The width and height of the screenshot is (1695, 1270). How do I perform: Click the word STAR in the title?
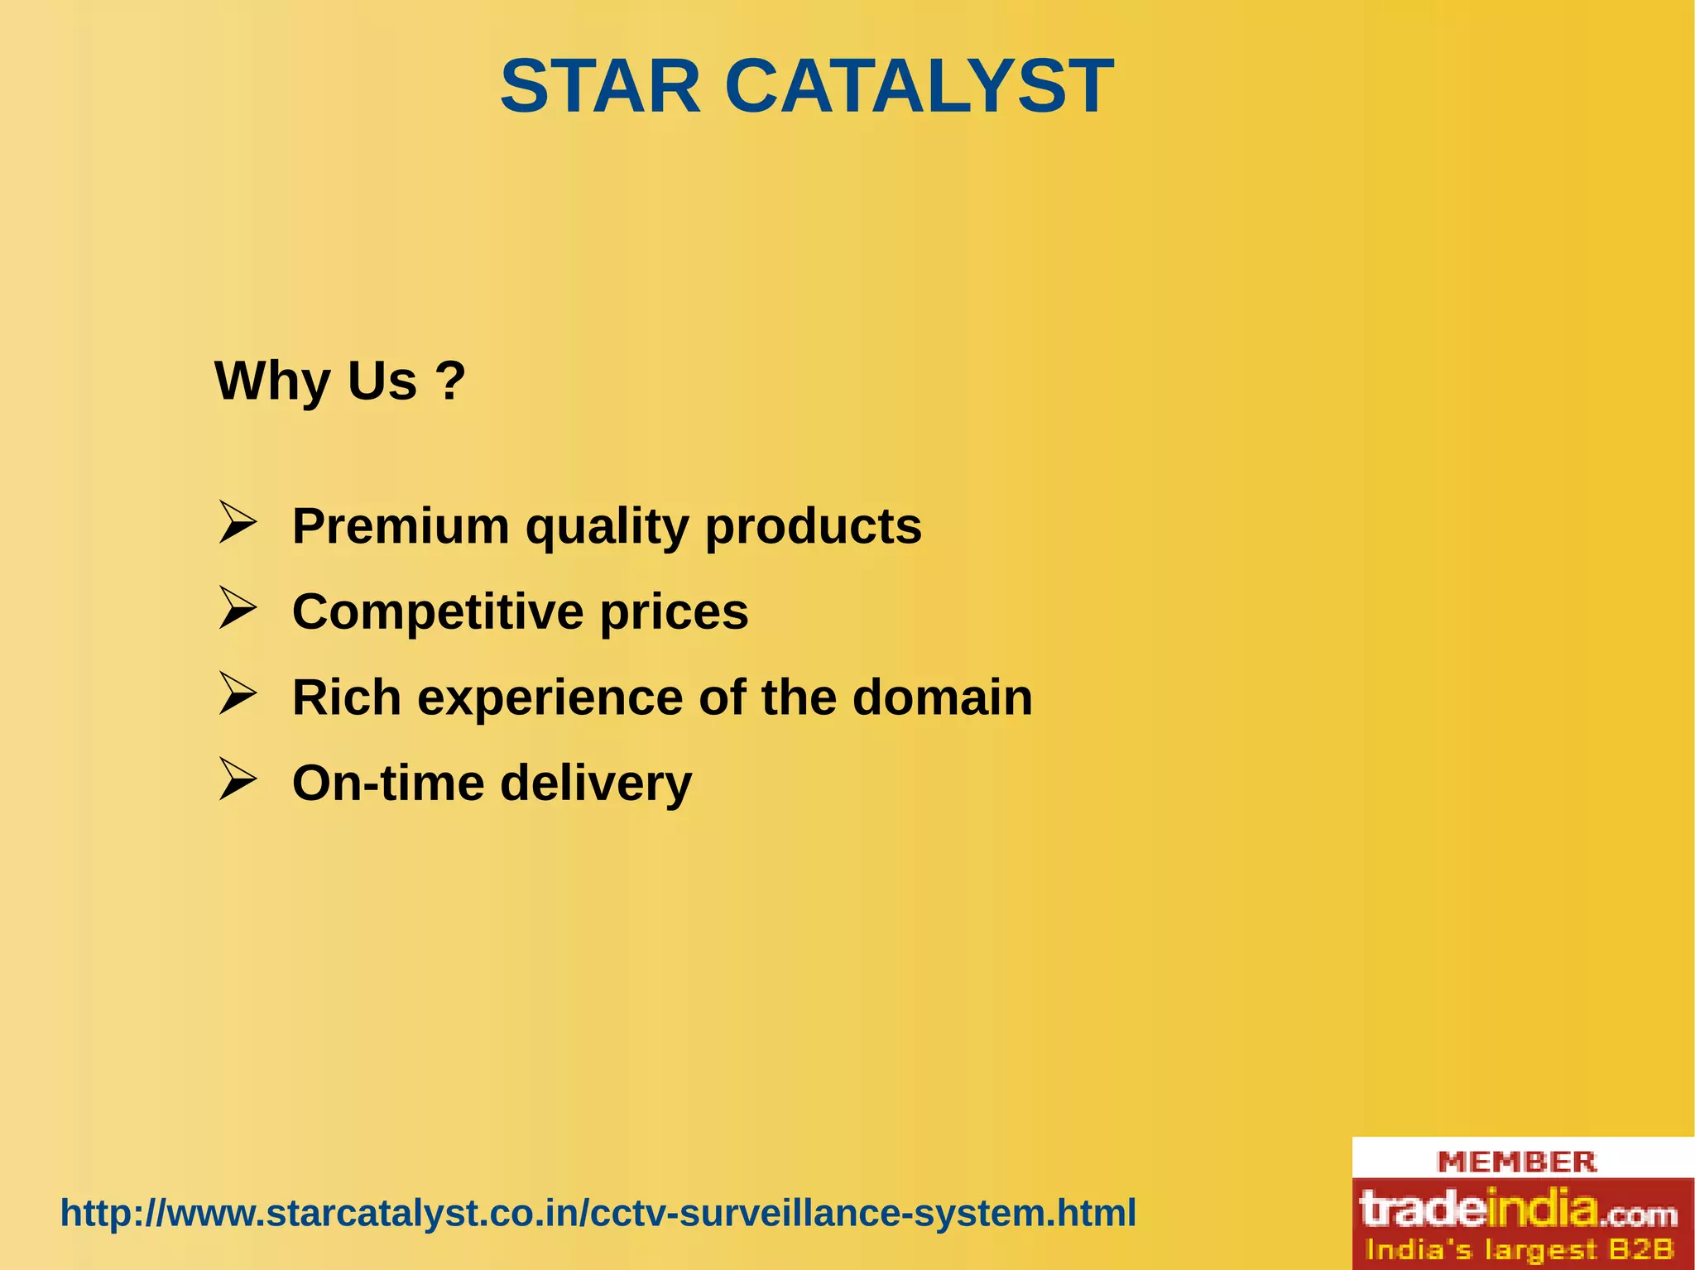point(601,87)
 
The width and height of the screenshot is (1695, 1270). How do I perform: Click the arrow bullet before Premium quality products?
point(237,523)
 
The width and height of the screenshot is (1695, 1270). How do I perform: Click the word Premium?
point(401,526)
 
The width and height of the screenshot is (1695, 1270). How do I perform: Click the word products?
point(813,527)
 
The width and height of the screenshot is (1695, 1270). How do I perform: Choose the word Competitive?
point(437,612)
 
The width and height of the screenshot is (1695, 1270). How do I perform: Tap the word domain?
point(942,697)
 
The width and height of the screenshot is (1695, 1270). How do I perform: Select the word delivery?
point(596,784)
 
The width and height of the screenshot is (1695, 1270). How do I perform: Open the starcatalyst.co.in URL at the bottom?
point(598,1214)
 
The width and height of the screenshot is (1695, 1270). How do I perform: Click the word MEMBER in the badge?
point(1516,1162)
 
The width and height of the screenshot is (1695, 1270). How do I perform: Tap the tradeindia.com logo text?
point(1518,1209)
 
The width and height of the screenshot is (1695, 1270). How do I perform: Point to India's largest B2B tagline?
point(1518,1249)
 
